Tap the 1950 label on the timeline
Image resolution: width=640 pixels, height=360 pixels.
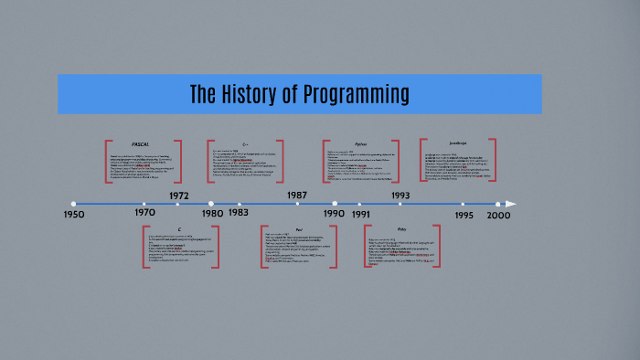coord(74,215)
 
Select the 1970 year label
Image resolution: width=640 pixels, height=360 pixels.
coord(145,213)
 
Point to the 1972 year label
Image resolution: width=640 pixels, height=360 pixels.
coord(179,195)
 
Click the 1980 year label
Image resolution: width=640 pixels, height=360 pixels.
coord(212,213)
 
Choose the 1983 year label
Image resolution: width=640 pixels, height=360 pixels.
coord(239,213)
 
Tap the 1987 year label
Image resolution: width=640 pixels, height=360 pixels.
coord(297,195)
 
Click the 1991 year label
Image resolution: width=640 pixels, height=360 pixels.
coord(360,214)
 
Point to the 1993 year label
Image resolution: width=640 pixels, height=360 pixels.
coord(400,195)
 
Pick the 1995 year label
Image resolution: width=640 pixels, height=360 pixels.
coord(463,214)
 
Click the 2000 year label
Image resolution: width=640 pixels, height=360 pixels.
coord(498,214)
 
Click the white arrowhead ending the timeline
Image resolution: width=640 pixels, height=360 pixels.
coord(511,204)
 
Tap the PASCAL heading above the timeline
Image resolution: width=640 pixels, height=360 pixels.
coord(140,144)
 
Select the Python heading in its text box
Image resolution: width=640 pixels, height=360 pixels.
coord(360,144)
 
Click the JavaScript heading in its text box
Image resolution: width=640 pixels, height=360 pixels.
coord(457,143)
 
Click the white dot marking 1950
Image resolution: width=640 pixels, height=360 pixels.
coord(73,204)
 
